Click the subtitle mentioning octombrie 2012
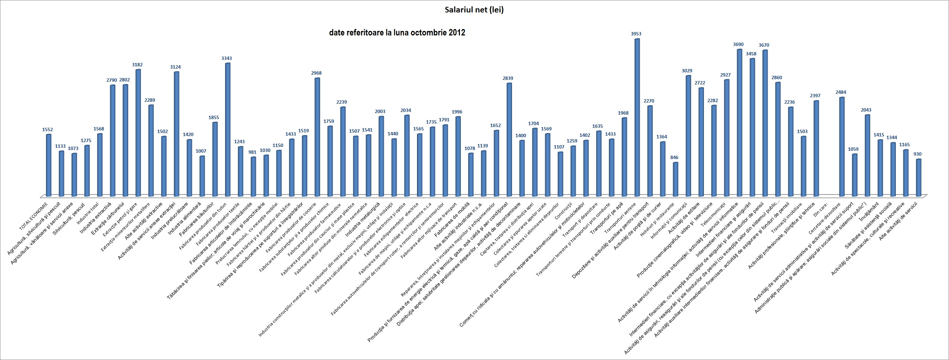click(x=397, y=33)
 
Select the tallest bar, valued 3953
click(x=637, y=117)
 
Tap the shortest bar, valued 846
click(x=675, y=179)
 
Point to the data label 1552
click(x=48, y=130)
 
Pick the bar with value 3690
click(x=739, y=123)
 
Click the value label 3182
click(x=137, y=65)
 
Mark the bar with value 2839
click(x=509, y=139)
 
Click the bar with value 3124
click(x=176, y=133)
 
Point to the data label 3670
click(x=764, y=45)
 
